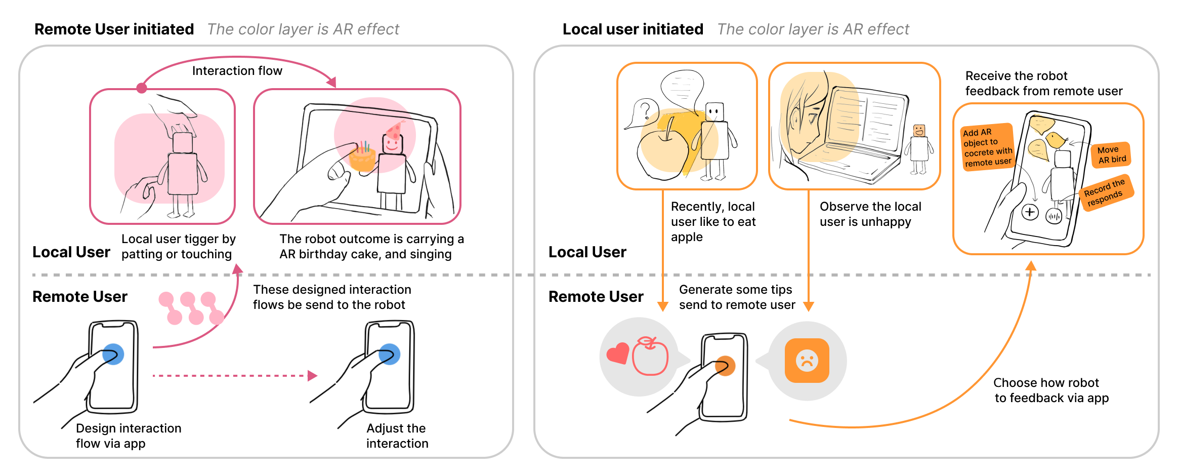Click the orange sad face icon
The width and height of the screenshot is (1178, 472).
coord(807,361)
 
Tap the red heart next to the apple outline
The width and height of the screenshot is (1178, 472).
coord(618,353)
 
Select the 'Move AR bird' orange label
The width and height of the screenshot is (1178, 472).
coord(1112,155)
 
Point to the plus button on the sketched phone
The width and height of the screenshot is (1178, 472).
coord(1030,212)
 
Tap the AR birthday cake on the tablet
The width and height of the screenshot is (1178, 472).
coord(362,158)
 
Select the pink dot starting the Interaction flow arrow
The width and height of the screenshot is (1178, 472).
coord(142,88)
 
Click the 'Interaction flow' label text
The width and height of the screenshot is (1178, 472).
coord(237,71)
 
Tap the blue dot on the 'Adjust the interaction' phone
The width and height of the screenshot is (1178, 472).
coord(389,354)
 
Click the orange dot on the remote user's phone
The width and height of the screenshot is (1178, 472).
coord(725,366)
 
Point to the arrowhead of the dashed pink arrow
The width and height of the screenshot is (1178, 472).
coord(312,376)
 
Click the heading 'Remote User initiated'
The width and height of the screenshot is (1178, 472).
coord(114,29)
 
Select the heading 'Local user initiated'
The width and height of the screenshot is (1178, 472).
coord(633,29)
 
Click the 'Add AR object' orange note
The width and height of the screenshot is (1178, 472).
coord(987,147)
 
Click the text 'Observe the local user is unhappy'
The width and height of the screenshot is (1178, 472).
coord(870,214)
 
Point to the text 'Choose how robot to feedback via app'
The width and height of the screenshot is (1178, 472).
coord(1051,390)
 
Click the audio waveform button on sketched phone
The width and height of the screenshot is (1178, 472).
coord(1054,217)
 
